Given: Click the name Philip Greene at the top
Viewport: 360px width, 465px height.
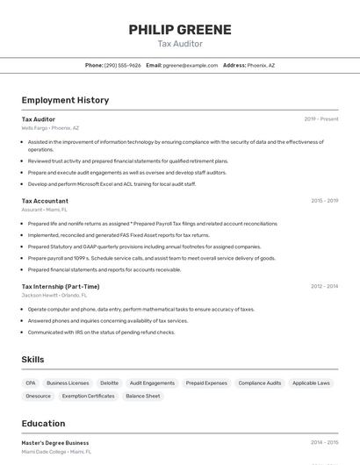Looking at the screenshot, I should click(180, 29).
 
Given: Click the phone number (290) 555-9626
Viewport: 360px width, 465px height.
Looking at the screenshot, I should click(122, 65).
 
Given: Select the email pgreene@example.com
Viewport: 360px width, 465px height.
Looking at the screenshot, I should click(191, 65).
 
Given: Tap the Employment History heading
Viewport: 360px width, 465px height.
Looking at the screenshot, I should click(65, 100).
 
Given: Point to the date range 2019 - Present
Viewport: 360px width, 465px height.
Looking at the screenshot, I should click(321, 119).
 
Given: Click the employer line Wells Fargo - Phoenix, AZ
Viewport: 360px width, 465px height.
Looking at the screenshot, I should click(50, 128).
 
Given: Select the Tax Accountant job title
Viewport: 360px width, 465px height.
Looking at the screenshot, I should click(45, 201).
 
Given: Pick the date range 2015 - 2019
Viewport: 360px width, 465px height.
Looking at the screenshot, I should click(324, 201).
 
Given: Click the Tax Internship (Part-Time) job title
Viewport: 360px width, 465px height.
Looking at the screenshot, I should click(61, 286).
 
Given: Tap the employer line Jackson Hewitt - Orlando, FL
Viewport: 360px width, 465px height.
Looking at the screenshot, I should click(57, 296).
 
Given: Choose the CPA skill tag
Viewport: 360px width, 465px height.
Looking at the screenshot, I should click(31, 383).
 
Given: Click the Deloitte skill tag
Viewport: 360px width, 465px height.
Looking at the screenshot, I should click(109, 383).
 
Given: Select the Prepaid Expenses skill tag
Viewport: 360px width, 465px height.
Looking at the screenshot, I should click(206, 383).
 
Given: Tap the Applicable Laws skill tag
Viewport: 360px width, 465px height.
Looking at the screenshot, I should click(311, 383).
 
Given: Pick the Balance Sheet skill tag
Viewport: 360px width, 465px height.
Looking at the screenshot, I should click(142, 396).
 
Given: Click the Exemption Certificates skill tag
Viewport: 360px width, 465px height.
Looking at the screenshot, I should click(88, 396).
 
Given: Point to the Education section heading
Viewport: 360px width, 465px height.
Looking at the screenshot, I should click(43, 423).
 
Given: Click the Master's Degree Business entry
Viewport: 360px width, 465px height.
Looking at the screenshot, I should click(55, 443).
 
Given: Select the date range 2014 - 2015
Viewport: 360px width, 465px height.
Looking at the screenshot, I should click(324, 443).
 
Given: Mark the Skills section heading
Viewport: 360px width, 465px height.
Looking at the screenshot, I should click(32, 360).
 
